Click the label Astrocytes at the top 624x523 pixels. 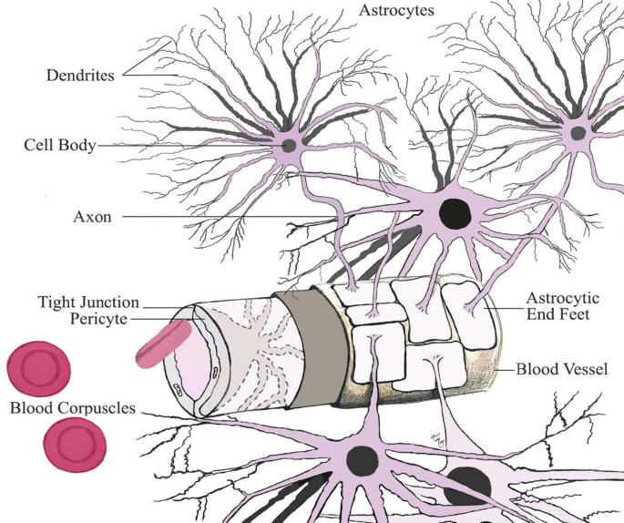pyautogui.click(x=396, y=11)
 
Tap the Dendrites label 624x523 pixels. pyautogui.click(x=80, y=76)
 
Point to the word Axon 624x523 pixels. pyautogui.click(x=92, y=218)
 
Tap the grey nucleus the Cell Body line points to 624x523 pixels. pyautogui.click(x=289, y=146)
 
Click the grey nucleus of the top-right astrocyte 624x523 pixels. pyautogui.click(x=577, y=133)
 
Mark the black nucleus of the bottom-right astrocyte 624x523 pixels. pyautogui.click(x=467, y=485)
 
